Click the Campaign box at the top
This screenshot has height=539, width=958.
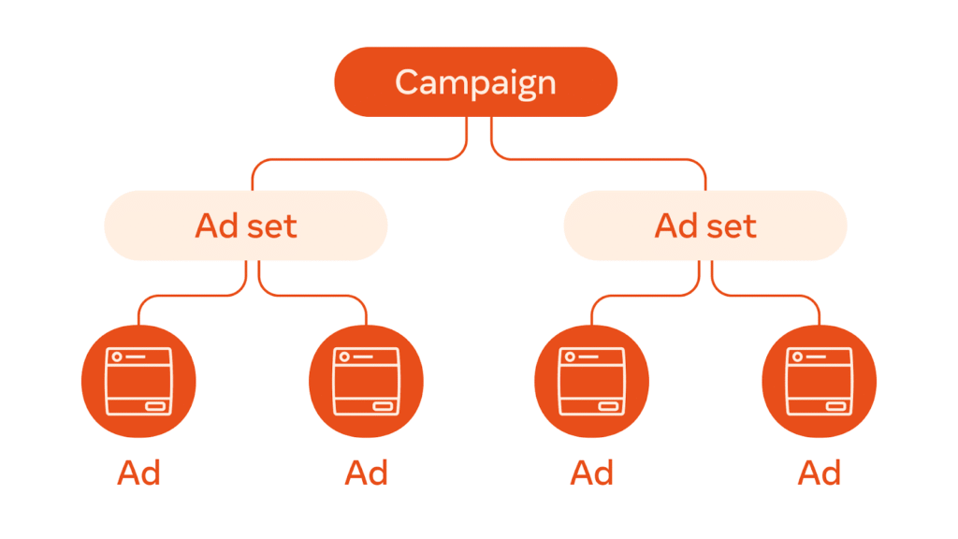click(475, 81)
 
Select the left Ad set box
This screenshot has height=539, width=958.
click(245, 226)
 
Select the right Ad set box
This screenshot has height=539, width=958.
click(705, 226)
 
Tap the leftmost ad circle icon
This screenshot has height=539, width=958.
click(139, 382)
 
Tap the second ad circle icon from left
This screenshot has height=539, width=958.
click(366, 382)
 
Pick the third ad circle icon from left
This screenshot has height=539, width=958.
click(592, 382)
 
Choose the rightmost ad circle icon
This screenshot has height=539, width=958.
click(820, 382)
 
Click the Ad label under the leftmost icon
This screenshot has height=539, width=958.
click(139, 473)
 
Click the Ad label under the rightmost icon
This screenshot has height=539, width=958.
click(820, 473)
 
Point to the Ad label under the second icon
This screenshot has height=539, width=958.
click(366, 473)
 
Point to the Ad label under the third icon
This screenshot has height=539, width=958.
click(592, 473)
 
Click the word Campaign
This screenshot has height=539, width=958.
click(475, 82)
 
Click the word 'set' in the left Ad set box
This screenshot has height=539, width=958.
click(271, 226)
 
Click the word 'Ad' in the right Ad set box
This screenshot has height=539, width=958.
click(676, 226)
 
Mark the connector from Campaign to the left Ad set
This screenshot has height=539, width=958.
click(356, 160)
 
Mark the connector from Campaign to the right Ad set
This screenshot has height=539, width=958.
click(599, 160)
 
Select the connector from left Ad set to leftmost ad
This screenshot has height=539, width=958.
click(187, 297)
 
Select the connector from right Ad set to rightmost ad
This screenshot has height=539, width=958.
click(767, 297)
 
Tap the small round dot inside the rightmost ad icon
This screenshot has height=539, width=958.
click(798, 357)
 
